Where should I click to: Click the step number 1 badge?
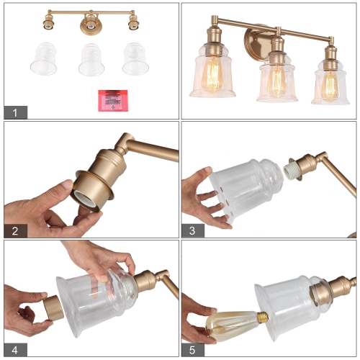click(15, 112)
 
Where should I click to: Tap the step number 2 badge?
click(15, 230)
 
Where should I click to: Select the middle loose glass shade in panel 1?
click(91, 59)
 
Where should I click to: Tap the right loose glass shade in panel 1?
click(135, 59)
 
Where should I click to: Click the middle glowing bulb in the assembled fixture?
click(276, 81)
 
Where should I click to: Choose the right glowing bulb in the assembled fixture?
click(330, 85)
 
